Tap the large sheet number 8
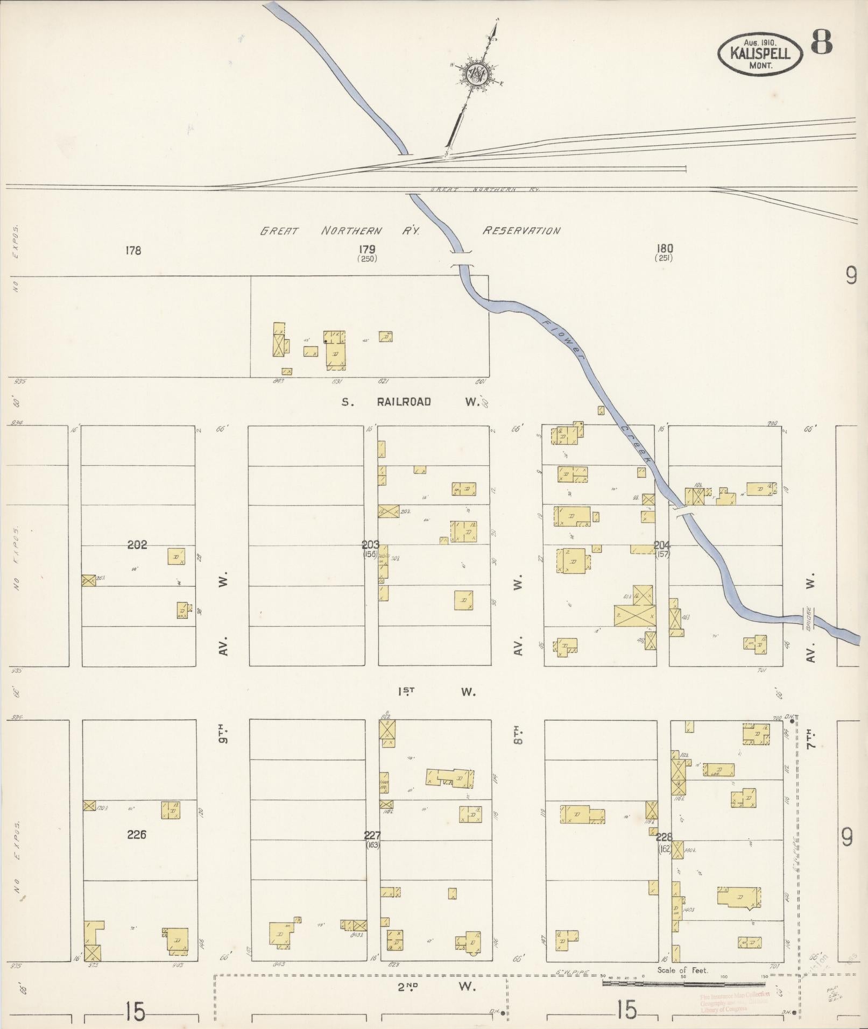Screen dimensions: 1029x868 (821, 42)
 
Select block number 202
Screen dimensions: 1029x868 (137, 545)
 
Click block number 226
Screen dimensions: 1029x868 (137, 835)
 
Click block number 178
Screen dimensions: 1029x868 (133, 250)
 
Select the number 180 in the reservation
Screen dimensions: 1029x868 (665, 249)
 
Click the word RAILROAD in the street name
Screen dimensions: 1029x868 (404, 402)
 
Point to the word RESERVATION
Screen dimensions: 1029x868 (521, 231)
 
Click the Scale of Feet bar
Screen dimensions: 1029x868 (683, 983)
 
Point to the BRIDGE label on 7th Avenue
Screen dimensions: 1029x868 (808, 620)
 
